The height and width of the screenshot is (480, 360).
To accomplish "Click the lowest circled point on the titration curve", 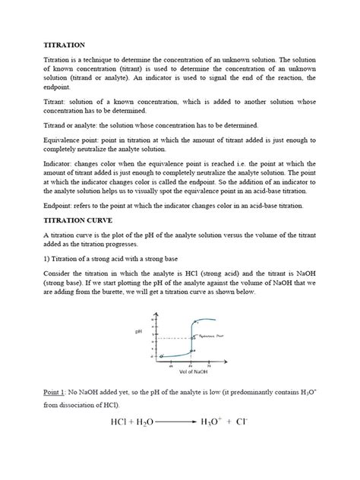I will click(x=161, y=355).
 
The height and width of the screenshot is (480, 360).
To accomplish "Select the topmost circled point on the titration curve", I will click(x=194, y=322).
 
